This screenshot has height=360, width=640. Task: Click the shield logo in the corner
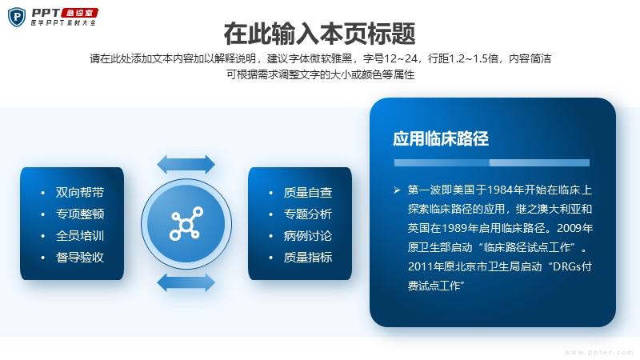click(x=17, y=17)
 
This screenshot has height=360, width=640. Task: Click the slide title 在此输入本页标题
click(x=319, y=34)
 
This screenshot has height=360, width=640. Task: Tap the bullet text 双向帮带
click(x=80, y=192)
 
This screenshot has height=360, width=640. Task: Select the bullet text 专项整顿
click(x=80, y=214)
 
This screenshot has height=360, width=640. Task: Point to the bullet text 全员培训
click(x=80, y=235)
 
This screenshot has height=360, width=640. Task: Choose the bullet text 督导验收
click(x=80, y=257)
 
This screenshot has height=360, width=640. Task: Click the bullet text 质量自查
click(x=308, y=192)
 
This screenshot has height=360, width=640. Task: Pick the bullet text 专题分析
click(x=308, y=214)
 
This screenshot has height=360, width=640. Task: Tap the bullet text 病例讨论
click(x=308, y=235)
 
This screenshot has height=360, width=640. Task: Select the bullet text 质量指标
click(x=308, y=257)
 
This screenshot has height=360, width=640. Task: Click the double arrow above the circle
click(x=186, y=165)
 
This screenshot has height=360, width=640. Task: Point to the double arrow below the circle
click(x=186, y=282)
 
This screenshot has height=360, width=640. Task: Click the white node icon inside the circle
click(x=186, y=223)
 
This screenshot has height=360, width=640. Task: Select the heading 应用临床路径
click(x=441, y=138)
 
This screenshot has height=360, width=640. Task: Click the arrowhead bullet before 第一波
click(x=397, y=190)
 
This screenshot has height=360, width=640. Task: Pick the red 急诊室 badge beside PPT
click(x=79, y=13)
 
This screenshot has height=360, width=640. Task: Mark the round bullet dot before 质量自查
click(x=270, y=193)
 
